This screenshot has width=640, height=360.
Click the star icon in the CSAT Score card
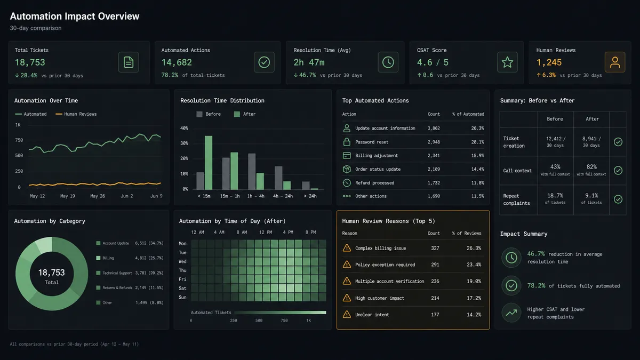pos(507,62)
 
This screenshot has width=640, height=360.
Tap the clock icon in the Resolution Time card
pos(388,62)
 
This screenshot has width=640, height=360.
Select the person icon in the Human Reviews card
pos(615,62)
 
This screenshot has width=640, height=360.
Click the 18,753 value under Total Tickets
pos(30,62)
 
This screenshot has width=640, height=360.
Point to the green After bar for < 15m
pos(209,163)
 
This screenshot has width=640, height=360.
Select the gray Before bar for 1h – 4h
pos(252,171)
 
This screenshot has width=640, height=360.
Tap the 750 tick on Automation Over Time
pos(19,140)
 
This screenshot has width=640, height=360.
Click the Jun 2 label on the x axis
pos(126,196)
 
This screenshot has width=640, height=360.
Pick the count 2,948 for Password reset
pos(434,142)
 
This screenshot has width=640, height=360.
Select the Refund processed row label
pos(374,183)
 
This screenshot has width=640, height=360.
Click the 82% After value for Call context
pos(591,166)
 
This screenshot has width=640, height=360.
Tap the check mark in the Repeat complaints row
pos(618,199)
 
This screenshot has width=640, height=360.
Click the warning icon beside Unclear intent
pos(347,314)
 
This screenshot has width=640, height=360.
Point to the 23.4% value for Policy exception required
pos(474,265)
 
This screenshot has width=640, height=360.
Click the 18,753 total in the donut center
pos(51,273)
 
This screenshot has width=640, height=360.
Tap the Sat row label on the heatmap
pos(182,289)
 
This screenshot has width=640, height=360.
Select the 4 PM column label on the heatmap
pos(288,233)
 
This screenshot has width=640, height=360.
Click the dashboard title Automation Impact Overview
pos(75,17)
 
